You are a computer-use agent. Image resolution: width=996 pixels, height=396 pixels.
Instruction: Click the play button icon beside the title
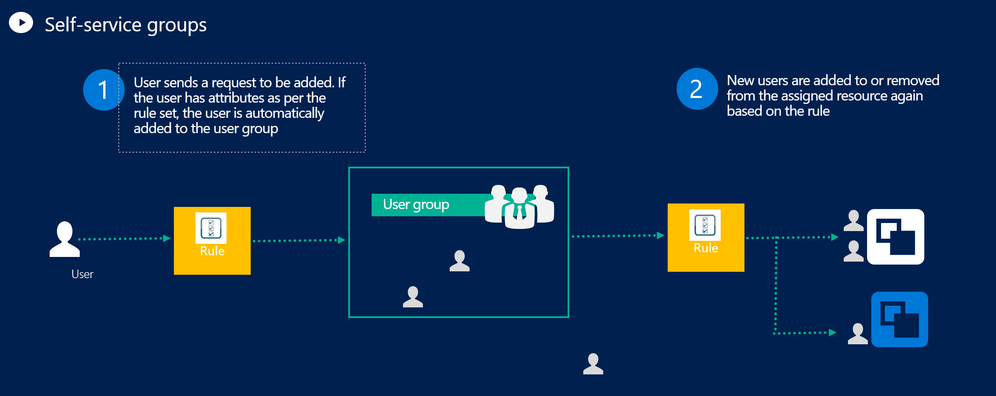point(21,22)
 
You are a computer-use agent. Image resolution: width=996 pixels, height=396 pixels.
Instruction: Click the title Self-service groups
point(126,25)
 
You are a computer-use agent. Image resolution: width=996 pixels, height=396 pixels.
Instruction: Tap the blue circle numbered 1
point(103,90)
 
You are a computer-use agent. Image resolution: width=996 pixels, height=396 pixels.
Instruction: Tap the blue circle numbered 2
point(696,89)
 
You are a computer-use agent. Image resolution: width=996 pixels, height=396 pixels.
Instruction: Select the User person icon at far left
point(64,240)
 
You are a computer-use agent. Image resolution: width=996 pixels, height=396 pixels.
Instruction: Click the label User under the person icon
point(82,274)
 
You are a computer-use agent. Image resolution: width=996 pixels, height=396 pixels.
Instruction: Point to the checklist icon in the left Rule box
point(211,228)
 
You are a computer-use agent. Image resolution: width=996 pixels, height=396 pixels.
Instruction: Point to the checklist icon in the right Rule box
point(705,225)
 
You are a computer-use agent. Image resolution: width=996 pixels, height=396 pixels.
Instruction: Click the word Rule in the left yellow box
point(212,251)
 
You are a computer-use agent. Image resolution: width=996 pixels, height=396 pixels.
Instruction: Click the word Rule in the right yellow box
point(705,248)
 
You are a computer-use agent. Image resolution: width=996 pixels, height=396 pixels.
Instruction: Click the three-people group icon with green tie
point(520,207)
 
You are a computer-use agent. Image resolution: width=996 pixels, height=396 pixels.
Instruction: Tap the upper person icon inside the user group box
point(459,261)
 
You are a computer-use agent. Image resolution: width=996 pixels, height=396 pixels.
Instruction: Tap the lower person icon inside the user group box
point(413,297)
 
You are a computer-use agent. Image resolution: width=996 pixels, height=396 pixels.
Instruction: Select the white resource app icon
point(895,237)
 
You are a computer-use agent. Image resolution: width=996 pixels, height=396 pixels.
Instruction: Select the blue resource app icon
point(899,319)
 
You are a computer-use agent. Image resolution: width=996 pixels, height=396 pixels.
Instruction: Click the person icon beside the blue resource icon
point(858,334)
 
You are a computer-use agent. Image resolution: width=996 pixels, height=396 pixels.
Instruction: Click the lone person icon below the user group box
point(593,364)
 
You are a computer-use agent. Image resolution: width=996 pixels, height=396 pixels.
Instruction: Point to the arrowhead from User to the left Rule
point(167,238)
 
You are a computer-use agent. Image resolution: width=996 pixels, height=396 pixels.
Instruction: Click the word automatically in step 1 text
point(285,113)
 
